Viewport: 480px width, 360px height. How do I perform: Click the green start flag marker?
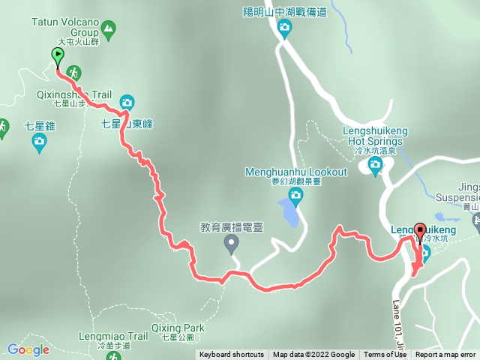pyautogui.click(x=58, y=55)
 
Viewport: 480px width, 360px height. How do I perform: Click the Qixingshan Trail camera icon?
pyautogui.click(x=127, y=102)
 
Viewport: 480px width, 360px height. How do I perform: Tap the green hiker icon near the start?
pyautogui.click(x=75, y=72)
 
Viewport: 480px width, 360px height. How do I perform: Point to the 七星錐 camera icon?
pyautogui.click(x=40, y=140)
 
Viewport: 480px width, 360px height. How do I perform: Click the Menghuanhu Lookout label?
pyautogui.click(x=296, y=172)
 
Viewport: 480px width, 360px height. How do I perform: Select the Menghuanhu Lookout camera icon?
pyautogui.click(x=295, y=196)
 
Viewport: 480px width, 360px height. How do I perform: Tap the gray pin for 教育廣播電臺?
pyautogui.click(x=231, y=241)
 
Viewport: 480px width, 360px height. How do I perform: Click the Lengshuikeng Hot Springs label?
pyautogui.click(x=376, y=136)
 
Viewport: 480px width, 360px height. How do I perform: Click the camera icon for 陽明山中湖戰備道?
pyautogui.click(x=284, y=28)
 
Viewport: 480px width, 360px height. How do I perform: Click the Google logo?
pyautogui.click(x=28, y=349)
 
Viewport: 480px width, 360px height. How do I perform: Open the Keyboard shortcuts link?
pyautogui.click(x=231, y=355)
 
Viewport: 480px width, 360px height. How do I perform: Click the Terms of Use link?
pyautogui.click(x=385, y=355)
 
